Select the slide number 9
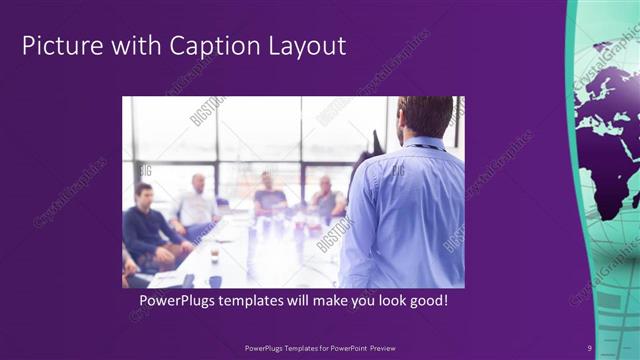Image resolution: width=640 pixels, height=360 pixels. (x=590, y=347)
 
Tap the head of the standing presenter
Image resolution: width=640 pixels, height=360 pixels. (x=425, y=116)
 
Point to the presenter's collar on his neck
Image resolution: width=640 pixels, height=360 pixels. (x=426, y=143)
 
